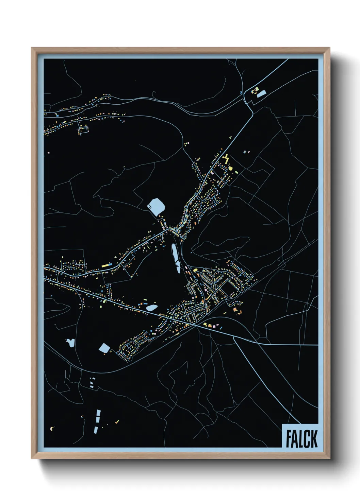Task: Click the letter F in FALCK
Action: pos(289,439)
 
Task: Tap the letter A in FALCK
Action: pos(295,439)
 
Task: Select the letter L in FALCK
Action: pos(301,439)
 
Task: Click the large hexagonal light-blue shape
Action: pos(157,207)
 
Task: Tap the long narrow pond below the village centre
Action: pos(176,258)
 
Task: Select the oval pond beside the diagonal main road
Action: pos(151,308)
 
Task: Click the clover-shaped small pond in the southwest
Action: pos(71,343)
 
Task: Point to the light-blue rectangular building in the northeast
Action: pos(261,94)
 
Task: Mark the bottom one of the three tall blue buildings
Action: pos(96,430)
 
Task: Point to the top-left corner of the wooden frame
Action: pos(32,48)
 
